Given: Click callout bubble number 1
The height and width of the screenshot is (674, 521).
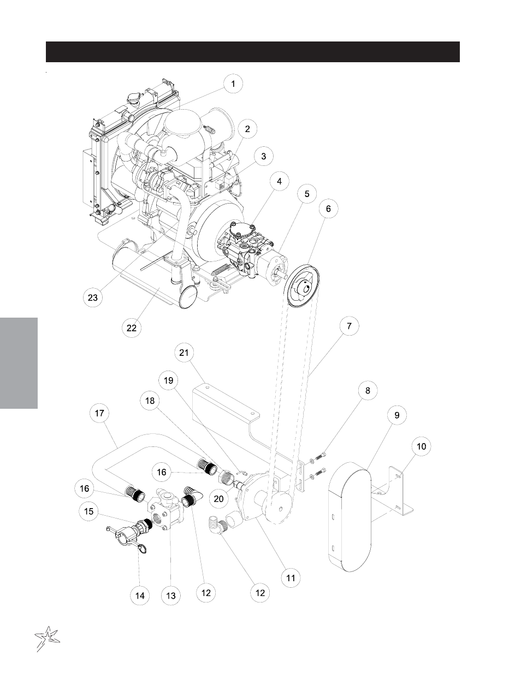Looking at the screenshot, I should point(233,84).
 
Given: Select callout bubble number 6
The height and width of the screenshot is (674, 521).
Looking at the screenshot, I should point(328,208).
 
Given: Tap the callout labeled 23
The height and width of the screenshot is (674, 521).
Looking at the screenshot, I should point(93,297).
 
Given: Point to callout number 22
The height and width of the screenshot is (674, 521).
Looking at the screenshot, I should point(132,328).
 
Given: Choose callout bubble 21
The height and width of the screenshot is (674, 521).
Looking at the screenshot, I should point(184,353).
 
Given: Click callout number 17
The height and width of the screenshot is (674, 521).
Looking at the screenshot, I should point(99,413).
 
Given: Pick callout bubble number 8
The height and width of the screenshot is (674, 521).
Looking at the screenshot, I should point(368,390).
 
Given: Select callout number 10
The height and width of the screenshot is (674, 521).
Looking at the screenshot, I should point(421,446).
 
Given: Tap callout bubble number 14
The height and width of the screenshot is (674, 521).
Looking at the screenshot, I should point(140,595).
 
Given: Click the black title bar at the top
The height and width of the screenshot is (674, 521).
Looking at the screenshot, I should point(253,52).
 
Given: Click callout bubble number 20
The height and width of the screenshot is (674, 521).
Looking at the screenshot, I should point(219,498).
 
